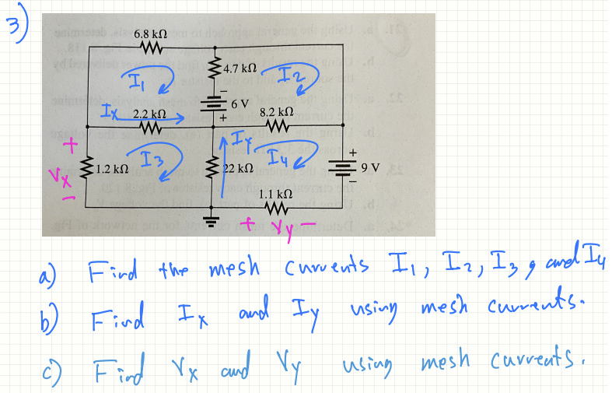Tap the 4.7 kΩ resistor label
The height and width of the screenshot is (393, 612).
236,69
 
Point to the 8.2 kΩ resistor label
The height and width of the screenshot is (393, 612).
277,111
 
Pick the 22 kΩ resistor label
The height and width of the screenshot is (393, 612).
236,168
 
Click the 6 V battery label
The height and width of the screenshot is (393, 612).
237,103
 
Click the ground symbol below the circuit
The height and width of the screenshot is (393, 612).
209,218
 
